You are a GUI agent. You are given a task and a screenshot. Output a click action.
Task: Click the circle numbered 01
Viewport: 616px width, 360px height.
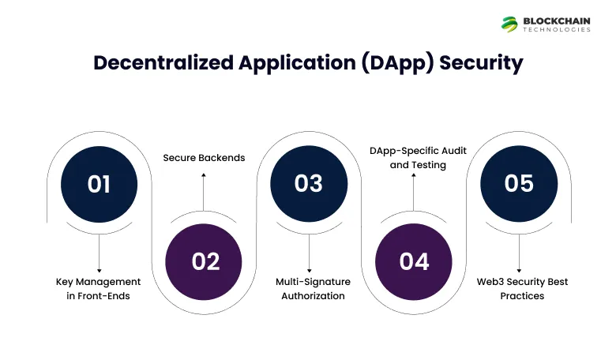99,183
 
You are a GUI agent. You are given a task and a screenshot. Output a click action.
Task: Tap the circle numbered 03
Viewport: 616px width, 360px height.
309,183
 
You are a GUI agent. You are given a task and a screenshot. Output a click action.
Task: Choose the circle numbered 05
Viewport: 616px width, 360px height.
519,183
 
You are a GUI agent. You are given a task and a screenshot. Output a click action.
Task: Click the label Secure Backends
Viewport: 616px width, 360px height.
204,157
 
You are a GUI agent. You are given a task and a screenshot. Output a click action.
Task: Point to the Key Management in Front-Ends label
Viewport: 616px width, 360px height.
99,288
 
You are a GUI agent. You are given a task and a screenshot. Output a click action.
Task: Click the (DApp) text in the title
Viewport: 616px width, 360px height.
396,63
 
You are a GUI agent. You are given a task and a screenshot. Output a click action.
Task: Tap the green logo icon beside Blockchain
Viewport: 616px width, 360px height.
509,24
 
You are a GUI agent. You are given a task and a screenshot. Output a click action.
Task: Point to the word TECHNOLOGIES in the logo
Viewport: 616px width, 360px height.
557,30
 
